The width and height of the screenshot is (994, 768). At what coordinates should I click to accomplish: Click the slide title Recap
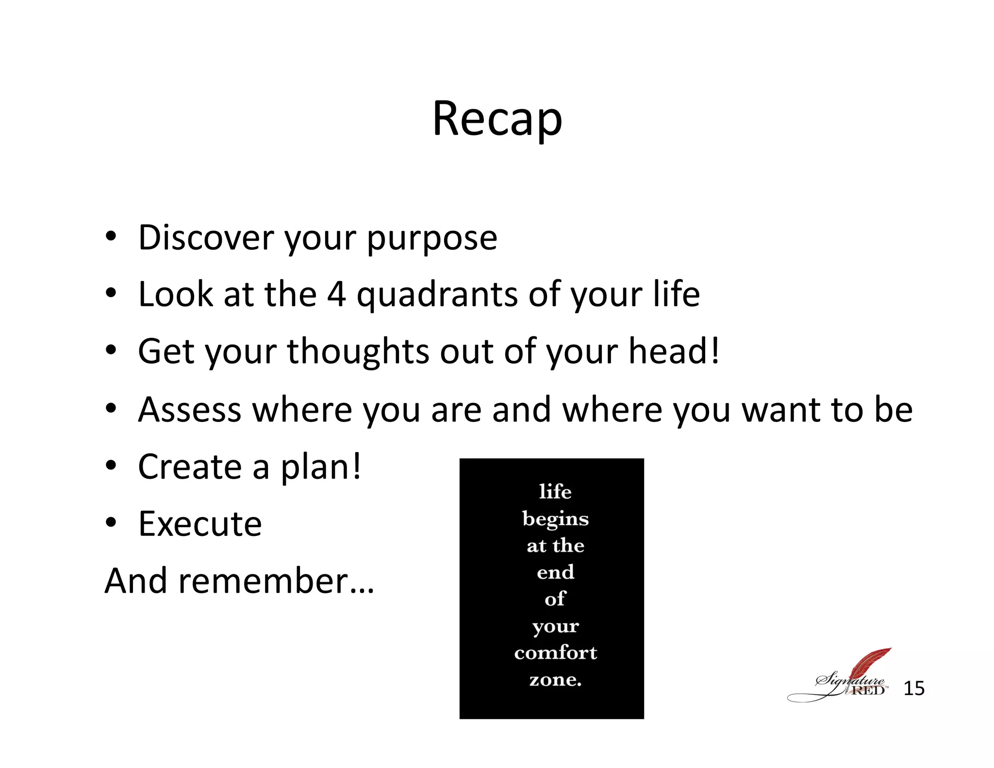pyautogui.click(x=497, y=119)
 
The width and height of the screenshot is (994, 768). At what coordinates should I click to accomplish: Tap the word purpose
pyautogui.click(x=432, y=239)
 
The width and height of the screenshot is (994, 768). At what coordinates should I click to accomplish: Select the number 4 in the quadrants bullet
pyautogui.click(x=336, y=294)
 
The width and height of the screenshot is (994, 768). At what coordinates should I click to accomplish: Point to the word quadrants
pyautogui.click(x=437, y=295)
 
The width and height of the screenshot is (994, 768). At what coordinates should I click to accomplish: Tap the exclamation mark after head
pyautogui.click(x=714, y=351)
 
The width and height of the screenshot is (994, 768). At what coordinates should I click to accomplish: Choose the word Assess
pyautogui.click(x=189, y=410)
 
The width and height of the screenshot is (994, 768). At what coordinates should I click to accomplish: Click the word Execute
pyautogui.click(x=200, y=524)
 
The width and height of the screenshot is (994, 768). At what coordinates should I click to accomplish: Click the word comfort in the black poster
pyautogui.click(x=555, y=653)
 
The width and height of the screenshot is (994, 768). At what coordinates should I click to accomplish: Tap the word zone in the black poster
pyautogui.click(x=552, y=680)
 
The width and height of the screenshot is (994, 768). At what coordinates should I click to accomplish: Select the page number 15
pyautogui.click(x=913, y=688)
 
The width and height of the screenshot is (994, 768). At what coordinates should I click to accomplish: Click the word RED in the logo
pyautogui.click(x=868, y=690)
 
